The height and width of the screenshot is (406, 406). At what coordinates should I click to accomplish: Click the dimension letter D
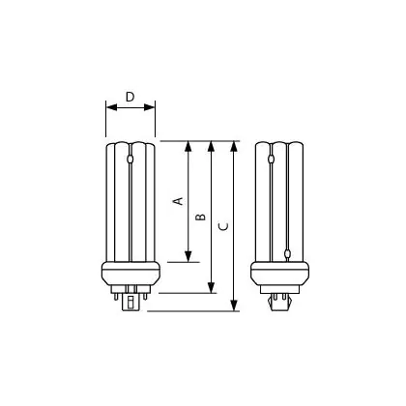[130, 97]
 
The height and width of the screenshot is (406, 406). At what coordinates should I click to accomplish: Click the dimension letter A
[178, 201]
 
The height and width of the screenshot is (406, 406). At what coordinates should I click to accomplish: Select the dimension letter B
[201, 217]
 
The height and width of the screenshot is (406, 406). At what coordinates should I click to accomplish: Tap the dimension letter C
[223, 226]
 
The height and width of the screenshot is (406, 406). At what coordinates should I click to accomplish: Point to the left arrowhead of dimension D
[111, 107]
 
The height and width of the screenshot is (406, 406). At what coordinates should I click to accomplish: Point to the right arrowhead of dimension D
[150, 107]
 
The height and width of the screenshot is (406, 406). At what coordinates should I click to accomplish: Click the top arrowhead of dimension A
[188, 146]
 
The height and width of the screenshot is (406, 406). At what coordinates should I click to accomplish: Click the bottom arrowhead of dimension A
[188, 256]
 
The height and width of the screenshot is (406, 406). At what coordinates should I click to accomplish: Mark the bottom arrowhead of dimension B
[211, 288]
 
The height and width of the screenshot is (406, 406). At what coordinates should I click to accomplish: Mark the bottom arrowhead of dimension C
[234, 305]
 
